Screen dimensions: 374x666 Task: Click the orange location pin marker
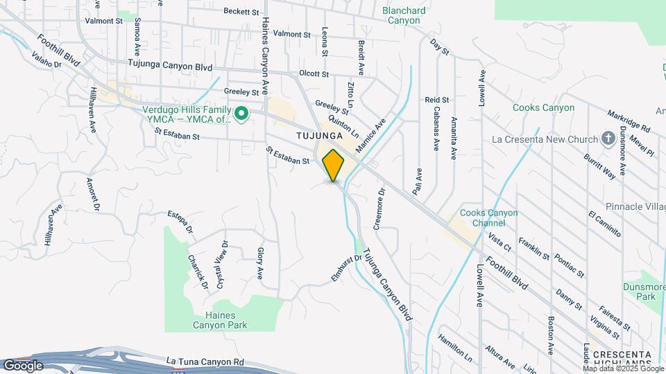coord(334,165)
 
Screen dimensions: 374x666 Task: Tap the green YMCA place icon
coord(241,112)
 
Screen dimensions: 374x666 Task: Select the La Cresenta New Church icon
coord(608,138)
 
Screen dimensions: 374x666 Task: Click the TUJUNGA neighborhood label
coord(320,135)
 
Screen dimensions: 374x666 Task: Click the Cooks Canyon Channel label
coord(488,218)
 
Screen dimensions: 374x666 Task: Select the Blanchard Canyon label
coord(402,15)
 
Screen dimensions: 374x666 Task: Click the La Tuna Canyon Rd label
coord(206,362)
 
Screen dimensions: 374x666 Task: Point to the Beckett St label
coord(241,11)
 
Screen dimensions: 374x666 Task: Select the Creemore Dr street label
coord(379,208)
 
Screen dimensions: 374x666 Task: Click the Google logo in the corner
coord(23,365)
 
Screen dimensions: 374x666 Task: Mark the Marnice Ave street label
coord(370,139)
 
